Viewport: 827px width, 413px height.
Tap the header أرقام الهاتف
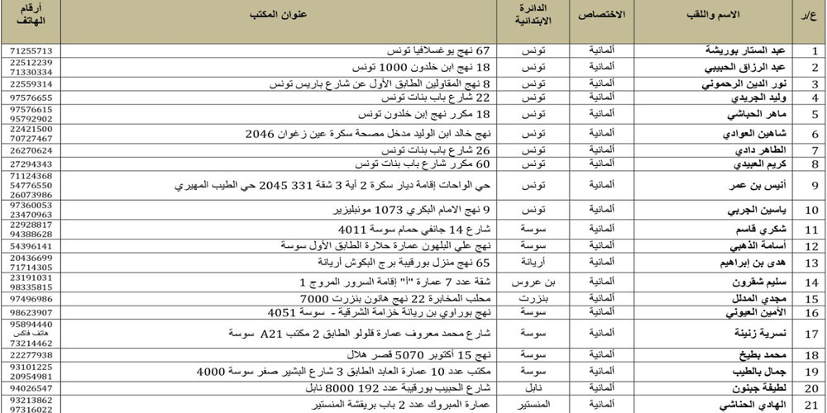(31, 17)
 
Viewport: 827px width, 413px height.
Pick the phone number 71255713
(31, 51)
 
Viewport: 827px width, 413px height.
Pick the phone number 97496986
(31, 298)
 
